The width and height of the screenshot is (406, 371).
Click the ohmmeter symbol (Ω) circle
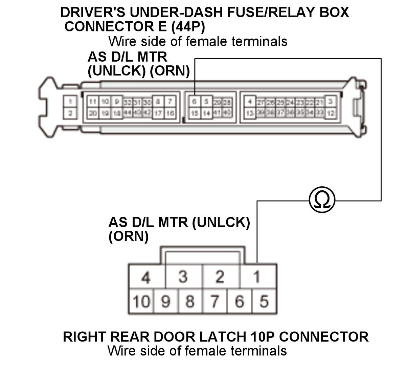click(x=322, y=200)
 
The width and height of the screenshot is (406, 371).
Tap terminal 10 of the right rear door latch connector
click(x=141, y=301)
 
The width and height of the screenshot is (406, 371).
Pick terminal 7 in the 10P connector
click(x=215, y=301)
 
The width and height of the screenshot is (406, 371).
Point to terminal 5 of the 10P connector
click(x=264, y=301)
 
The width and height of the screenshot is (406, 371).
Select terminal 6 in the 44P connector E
click(x=195, y=102)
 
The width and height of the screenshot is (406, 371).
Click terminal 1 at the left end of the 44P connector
click(x=70, y=101)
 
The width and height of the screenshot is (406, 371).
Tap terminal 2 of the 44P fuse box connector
click(x=70, y=113)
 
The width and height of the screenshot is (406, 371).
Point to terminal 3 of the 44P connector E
click(x=331, y=101)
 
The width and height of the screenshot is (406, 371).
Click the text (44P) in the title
click(x=188, y=26)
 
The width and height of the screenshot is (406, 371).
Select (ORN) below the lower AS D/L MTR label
click(x=128, y=236)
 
